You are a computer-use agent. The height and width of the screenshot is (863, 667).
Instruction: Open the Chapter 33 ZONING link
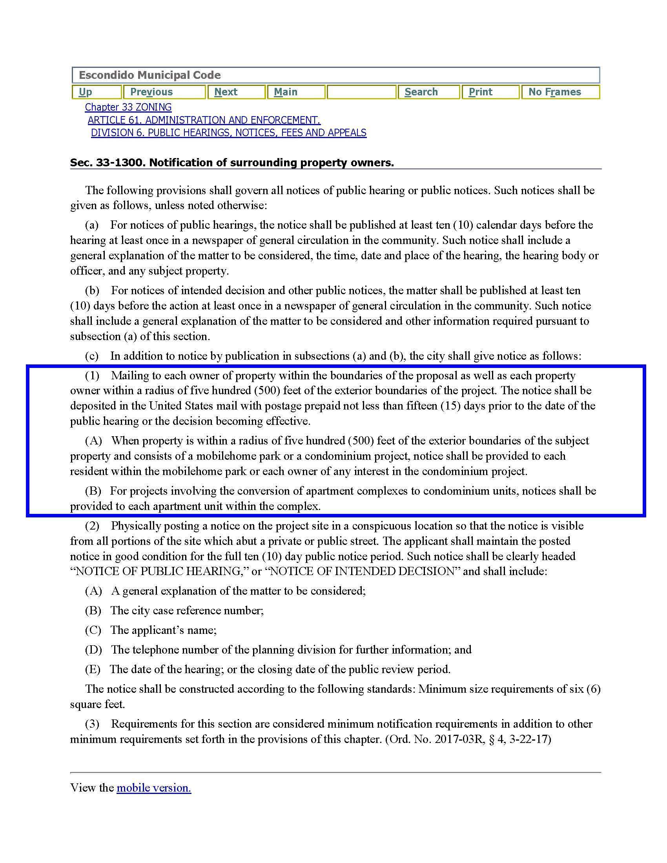click(x=128, y=107)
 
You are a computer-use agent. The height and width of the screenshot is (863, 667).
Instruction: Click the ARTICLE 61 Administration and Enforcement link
click(x=204, y=120)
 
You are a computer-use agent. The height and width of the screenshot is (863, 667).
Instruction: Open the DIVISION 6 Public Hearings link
click(x=228, y=133)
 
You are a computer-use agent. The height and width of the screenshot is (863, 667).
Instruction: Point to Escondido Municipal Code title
click(x=150, y=75)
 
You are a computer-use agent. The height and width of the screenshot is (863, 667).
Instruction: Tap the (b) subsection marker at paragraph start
click(x=93, y=290)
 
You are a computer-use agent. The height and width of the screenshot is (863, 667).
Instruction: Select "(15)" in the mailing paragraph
click(x=449, y=406)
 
